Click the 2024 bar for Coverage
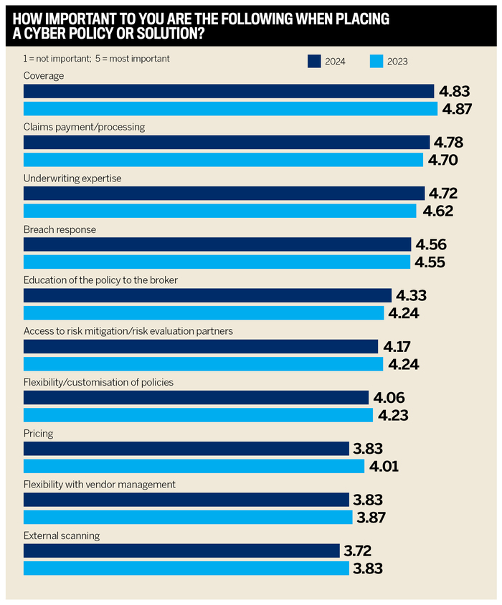click(x=229, y=91)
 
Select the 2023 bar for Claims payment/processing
click(x=223, y=160)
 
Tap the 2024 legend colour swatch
click(x=314, y=61)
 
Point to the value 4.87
click(x=458, y=109)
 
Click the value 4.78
click(x=449, y=143)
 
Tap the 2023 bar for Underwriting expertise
click(x=219, y=211)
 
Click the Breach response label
click(x=60, y=229)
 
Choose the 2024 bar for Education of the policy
click(x=207, y=295)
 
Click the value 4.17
click(x=398, y=347)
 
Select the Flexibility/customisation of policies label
click(x=98, y=383)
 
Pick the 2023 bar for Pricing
click(x=194, y=466)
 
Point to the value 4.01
click(x=384, y=467)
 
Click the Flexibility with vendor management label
click(x=99, y=485)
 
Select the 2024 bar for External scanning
click(x=181, y=551)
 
